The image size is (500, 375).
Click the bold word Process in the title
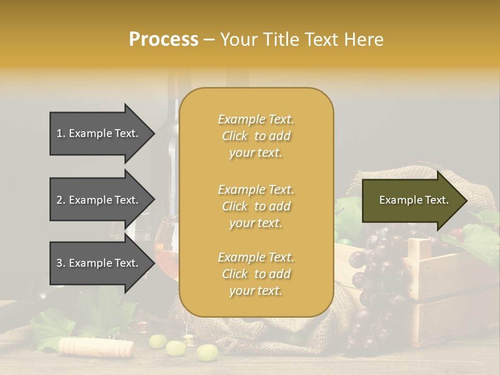coord(164,40)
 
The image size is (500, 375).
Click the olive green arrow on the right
coord(411,200)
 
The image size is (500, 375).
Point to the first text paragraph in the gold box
coord(256,136)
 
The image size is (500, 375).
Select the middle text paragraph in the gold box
coord(256,206)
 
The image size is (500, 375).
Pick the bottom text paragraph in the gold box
coord(256,274)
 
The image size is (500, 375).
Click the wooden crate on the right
coord(448,292)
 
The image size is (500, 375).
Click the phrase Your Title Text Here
coord(302,40)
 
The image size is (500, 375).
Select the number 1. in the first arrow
coord(61,133)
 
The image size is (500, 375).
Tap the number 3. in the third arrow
coord(61,263)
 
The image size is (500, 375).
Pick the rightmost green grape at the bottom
coord(207,352)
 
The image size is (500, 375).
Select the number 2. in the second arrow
coord(61,200)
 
